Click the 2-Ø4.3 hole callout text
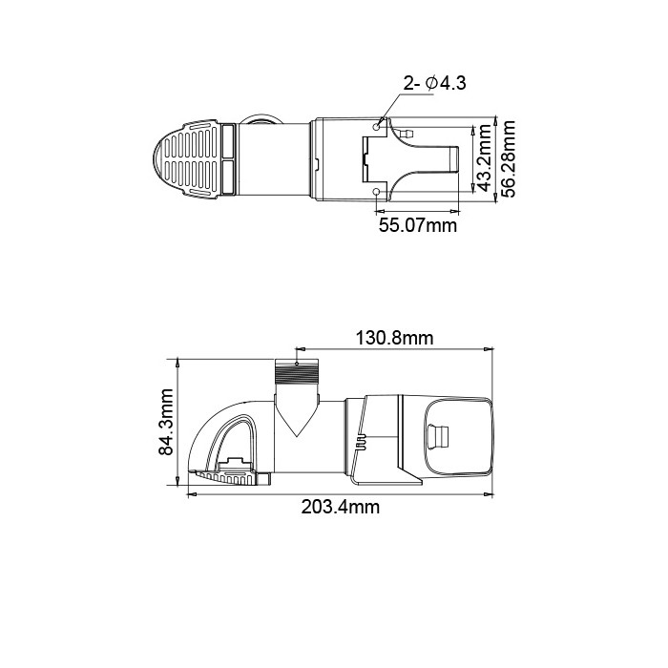(434, 83)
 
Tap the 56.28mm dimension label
(508, 158)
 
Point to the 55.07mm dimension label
(418, 225)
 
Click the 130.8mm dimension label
(394, 338)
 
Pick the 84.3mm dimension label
(166, 422)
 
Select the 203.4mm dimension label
(341, 507)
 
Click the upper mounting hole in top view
(377, 127)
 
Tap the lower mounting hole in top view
(376, 193)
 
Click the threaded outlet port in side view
(297, 371)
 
